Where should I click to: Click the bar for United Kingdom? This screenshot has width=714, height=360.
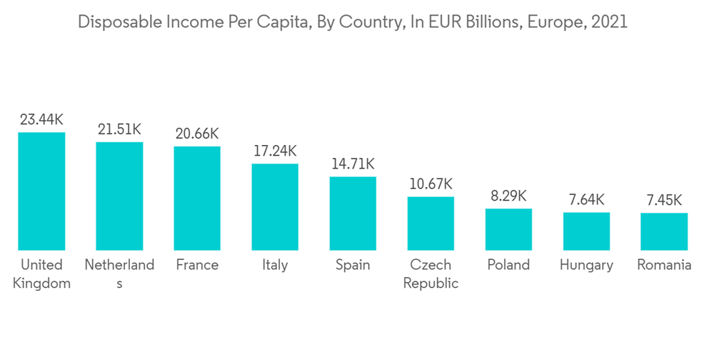click(x=41, y=191)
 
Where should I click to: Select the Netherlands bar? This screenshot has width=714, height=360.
click(x=119, y=196)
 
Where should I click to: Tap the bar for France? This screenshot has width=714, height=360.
click(x=197, y=198)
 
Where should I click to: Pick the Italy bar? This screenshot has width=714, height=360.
click(x=275, y=207)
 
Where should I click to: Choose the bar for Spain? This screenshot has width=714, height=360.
click(x=353, y=213)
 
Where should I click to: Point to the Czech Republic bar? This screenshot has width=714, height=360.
click(x=431, y=223)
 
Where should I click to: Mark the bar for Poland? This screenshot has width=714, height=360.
click(x=508, y=229)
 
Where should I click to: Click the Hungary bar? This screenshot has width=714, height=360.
click(x=586, y=231)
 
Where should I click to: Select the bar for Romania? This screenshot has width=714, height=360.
click(x=664, y=231)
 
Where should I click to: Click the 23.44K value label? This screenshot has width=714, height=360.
click(x=41, y=120)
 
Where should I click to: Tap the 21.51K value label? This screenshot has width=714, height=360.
click(x=119, y=129)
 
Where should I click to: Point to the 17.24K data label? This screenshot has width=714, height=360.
click(x=275, y=151)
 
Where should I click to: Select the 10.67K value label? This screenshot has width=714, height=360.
click(x=431, y=184)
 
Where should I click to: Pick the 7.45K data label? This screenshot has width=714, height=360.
click(x=664, y=201)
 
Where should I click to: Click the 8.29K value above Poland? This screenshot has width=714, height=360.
click(x=508, y=196)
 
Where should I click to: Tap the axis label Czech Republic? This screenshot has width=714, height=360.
click(x=431, y=274)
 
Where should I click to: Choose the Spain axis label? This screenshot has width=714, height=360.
click(x=353, y=265)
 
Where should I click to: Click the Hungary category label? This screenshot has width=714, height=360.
click(x=586, y=265)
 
